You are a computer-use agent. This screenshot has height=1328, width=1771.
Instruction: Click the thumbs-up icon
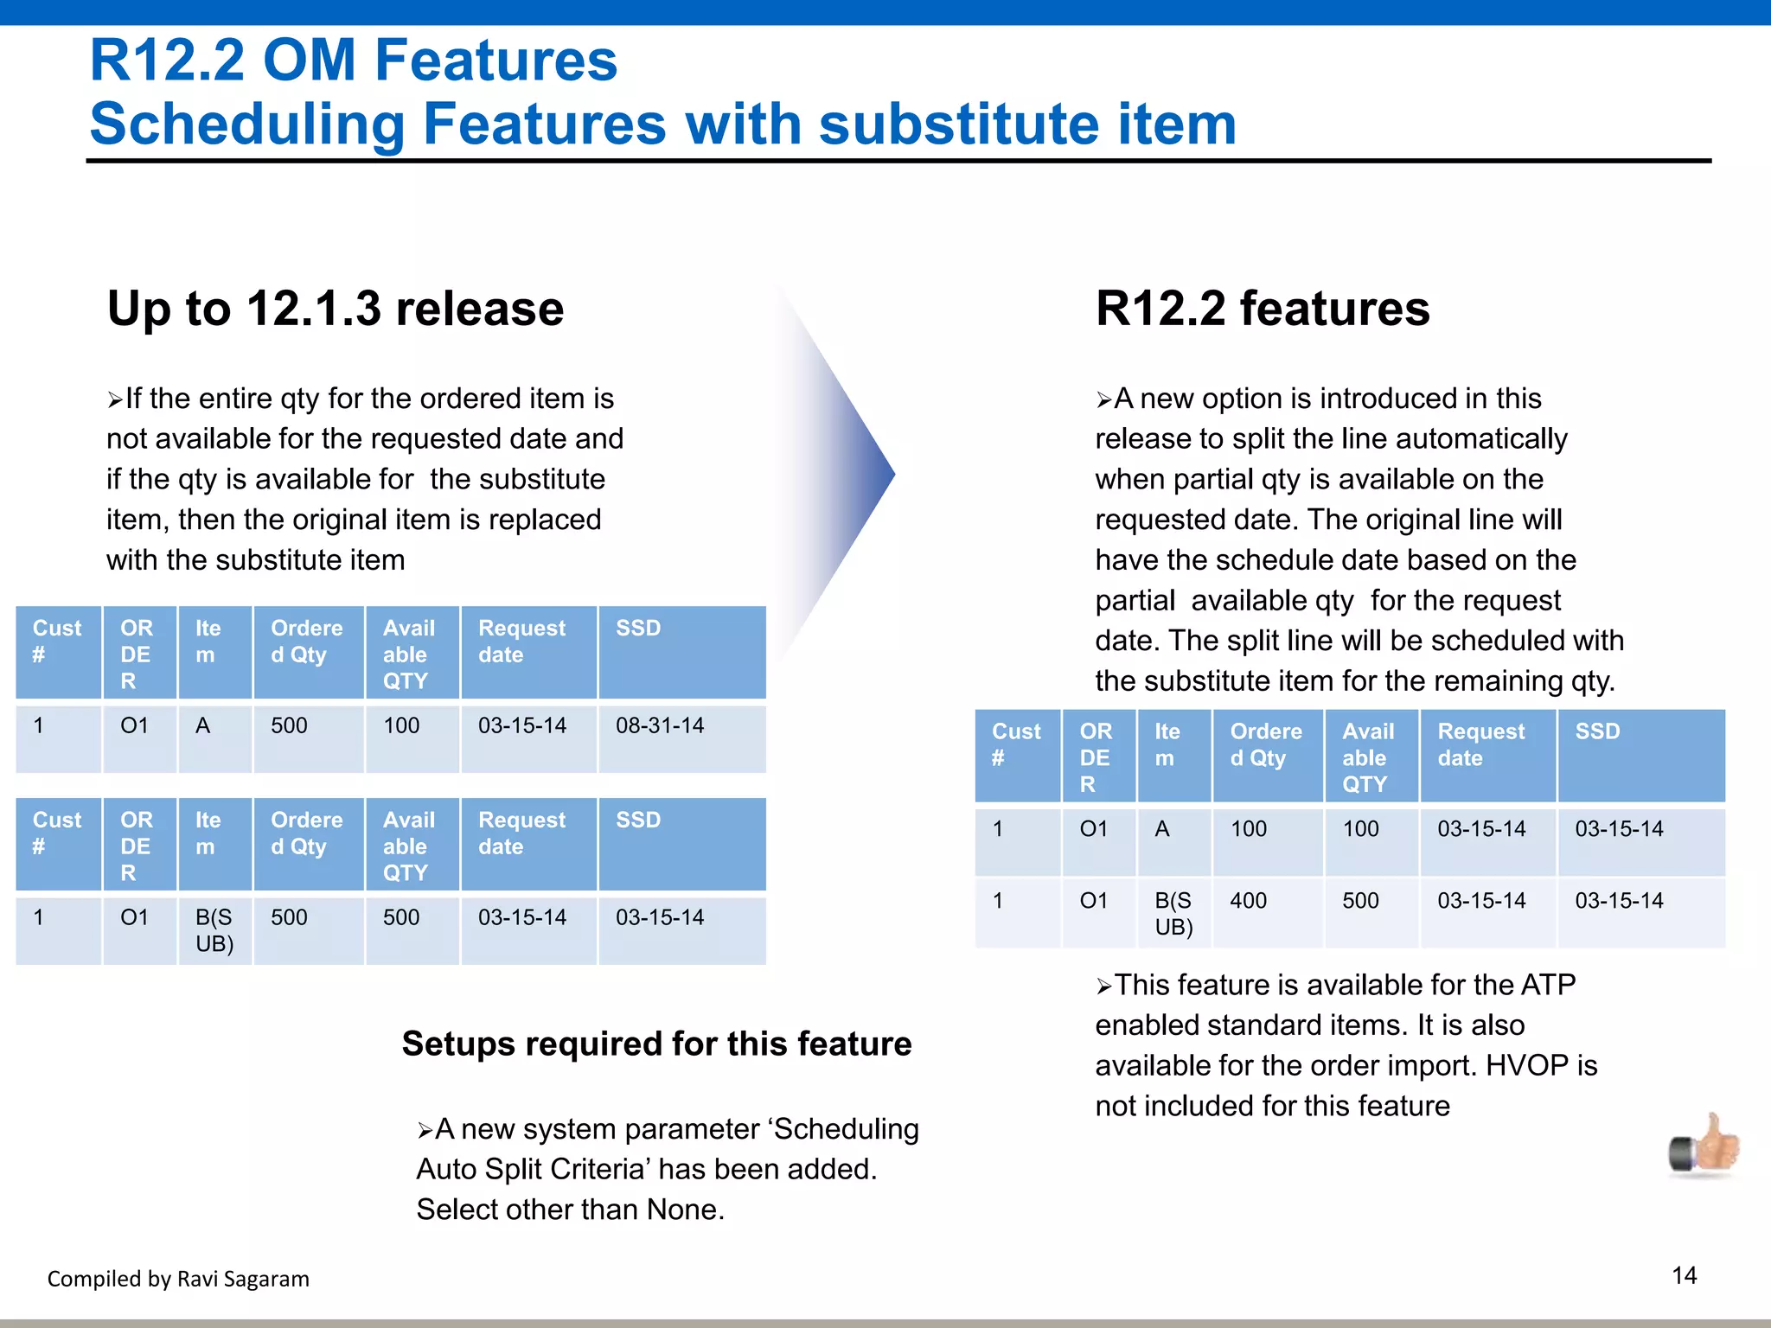pyautogui.click(x=1704, y=1145)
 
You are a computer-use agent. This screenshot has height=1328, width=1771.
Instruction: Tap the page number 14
pyautogui.click(x=1684, y=1275)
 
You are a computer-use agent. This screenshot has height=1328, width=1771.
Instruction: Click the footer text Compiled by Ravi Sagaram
pyautogui.click(x=178, y=1279)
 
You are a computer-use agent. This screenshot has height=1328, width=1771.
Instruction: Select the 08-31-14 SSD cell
pyautogui.click(x=660, y=725)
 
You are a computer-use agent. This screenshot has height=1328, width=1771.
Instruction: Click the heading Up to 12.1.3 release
pyautogui.click(x=336, y=309)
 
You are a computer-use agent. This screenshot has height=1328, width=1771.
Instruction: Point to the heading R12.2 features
pyautogui.click(x=1263, y=309)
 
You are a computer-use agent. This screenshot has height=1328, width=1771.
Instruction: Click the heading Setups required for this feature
pyautogui.click(x=656, y=1044)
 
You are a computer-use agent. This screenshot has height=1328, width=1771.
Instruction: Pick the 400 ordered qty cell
pyautogui.click(x=1248, y=901)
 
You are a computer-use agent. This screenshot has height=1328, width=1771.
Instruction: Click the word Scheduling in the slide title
pyautogui.click(x=246, y=124)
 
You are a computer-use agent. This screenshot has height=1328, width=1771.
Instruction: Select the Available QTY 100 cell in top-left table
pyautogui.click(x=401, y=725)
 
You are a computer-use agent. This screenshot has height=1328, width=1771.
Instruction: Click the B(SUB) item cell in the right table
pyautogui.click(x=1173, y=913)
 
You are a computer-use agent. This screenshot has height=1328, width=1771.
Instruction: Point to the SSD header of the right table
pyautogui.click(x=1597, y=731)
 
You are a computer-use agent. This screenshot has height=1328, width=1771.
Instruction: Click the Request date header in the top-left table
pyautogui.click(x=521, y=642)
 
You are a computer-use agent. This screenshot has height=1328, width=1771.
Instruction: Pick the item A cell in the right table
pyautogui.click(x=1162, y=829)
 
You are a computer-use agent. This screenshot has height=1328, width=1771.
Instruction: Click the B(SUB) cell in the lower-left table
pyautogui.click(x=214, y=930)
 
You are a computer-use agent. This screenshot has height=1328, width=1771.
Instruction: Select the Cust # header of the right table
pyautogui.click(x=1015, y=744)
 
